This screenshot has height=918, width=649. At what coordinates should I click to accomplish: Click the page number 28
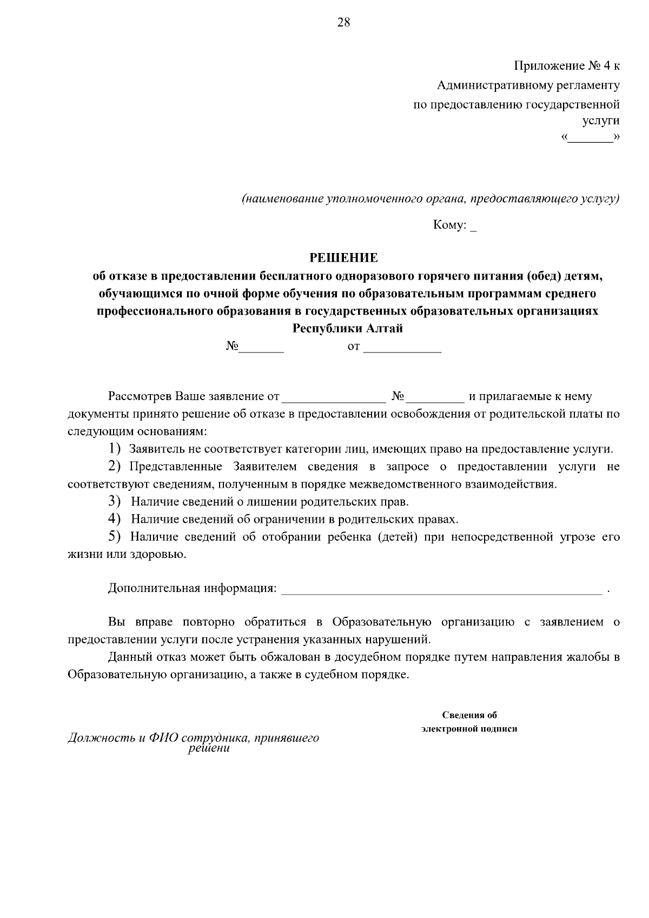tap(343, 22)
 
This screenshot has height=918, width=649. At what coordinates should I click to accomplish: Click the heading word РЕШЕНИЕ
tap(343, 257)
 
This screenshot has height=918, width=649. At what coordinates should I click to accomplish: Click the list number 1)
tap(114, 448)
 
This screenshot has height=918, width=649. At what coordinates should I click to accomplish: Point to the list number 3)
tap(114, 501)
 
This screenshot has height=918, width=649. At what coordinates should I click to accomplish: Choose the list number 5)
tap(114, 536)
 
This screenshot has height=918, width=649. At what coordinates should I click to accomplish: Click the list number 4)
tap(114, 519)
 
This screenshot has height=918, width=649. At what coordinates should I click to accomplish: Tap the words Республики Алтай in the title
tap(348, 328)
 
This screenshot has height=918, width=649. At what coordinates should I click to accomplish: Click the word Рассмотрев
tap(139, 396)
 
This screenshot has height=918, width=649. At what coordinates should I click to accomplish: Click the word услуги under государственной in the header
tap(600, 121)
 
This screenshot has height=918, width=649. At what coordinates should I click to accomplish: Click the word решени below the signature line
tap(209, 749)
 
